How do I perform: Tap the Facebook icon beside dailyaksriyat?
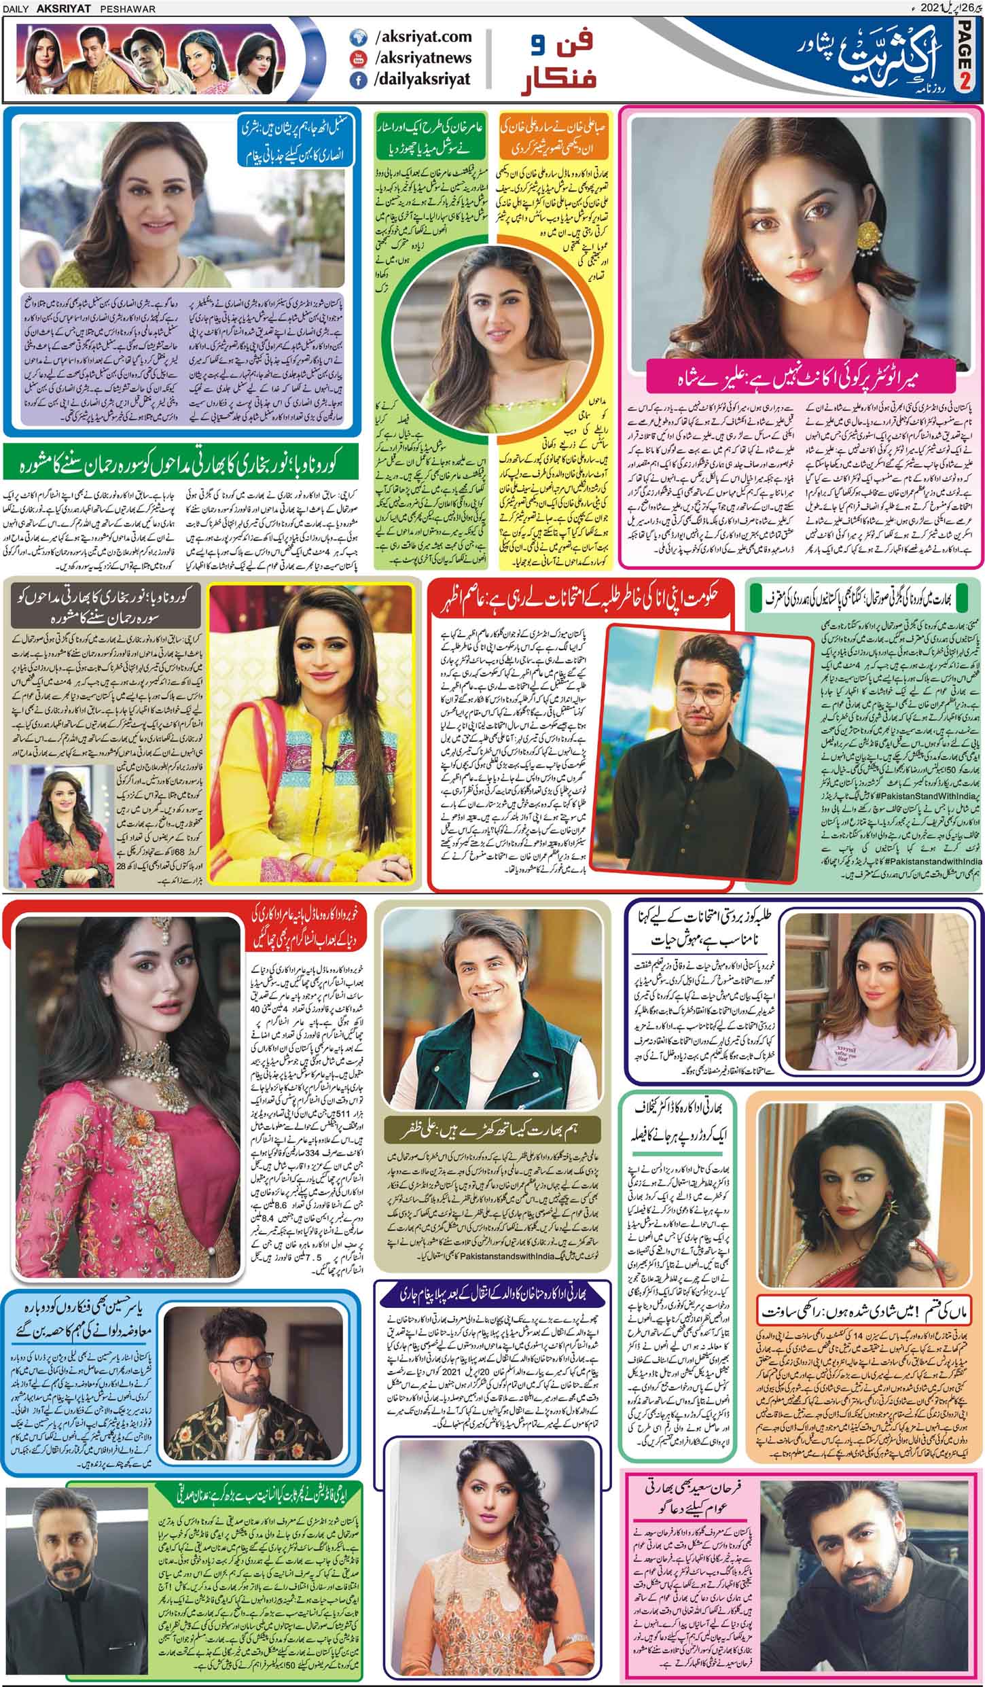359,79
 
